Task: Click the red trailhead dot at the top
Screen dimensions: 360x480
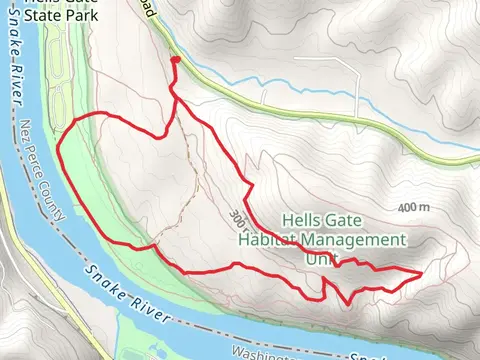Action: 176,61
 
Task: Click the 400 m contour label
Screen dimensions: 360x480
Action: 412,207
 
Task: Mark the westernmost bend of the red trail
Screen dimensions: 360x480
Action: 58,152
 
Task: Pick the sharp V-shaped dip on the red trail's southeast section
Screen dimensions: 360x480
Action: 346,302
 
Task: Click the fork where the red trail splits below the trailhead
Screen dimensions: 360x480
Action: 172,97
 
